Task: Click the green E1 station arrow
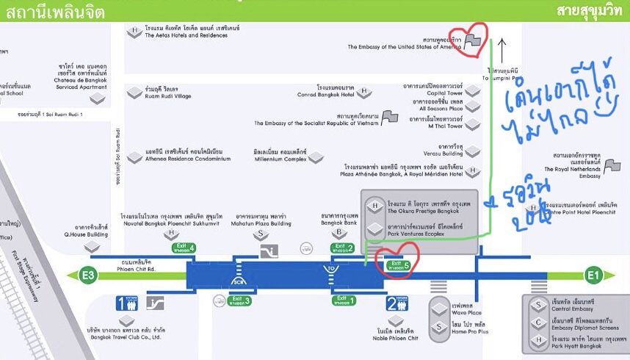593,276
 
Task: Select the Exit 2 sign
342,248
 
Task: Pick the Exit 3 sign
239,300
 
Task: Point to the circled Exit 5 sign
397,263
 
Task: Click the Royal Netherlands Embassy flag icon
612,165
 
